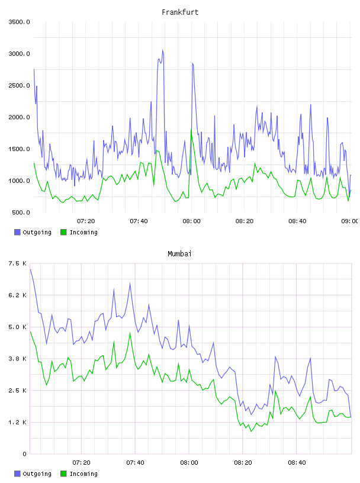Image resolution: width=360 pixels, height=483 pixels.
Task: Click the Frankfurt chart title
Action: [x=180, y=12]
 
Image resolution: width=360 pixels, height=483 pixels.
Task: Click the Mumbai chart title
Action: [x=179, y=254]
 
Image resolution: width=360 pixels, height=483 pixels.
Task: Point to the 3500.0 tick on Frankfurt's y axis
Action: [x=19, y=22]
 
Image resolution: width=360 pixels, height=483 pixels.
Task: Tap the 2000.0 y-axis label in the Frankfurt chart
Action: [x=19, y=117]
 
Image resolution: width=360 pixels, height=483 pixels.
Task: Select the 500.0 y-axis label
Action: [x=21, y=212]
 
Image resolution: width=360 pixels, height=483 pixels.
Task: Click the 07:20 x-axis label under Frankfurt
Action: [x=86, y=221]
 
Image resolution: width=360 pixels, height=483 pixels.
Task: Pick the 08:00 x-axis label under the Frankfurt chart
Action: [x=191, y=221]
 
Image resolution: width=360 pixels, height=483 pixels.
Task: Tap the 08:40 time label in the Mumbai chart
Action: [x=297, y=463]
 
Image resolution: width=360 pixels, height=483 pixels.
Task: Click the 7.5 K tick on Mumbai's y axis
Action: [x=18, y=263]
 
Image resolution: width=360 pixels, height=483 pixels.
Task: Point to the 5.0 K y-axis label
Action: [x=18, y=327]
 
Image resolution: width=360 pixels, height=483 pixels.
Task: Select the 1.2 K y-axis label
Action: [x=18, y=422]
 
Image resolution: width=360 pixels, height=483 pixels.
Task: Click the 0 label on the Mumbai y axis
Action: [x=24, y=454]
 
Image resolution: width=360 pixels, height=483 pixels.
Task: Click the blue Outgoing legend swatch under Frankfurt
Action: [x=17, y=232]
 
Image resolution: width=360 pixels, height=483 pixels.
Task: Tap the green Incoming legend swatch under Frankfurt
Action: [x=63, y=232]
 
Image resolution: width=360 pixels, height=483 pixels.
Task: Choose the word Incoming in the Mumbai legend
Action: [x=83, y=474]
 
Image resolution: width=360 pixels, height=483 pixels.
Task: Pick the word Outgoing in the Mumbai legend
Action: [x=37, y=474]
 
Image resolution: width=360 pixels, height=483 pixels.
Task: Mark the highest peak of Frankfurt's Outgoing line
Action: [x=162, y=50]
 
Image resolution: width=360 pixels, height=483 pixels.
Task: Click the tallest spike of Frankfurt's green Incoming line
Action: [x=191, y=130]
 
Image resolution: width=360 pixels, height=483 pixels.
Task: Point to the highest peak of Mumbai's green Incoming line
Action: [x=130, y=333]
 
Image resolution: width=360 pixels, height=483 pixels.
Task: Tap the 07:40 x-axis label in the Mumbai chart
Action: [x=135, y=463]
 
